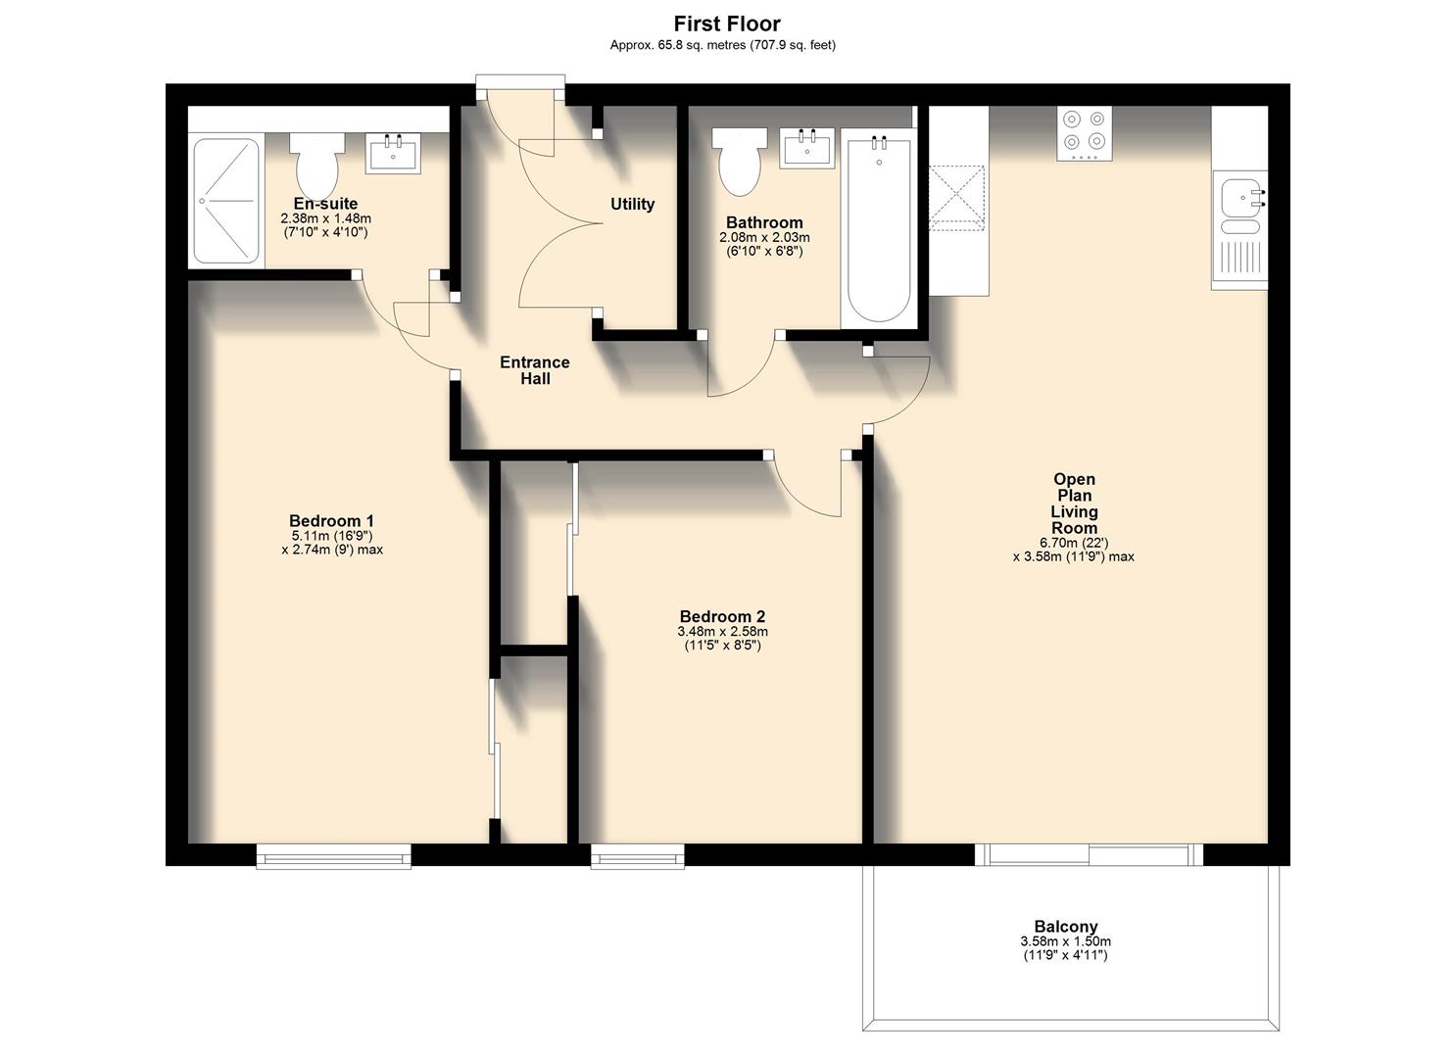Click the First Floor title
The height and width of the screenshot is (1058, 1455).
[726, 24]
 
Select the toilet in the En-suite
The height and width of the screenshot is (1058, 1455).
[316, 166]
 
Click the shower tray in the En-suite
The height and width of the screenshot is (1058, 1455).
[226, 201]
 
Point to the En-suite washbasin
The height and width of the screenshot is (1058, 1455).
[393, 155]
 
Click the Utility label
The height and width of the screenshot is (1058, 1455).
[632, 204]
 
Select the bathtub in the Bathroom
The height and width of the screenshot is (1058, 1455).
[878, 231]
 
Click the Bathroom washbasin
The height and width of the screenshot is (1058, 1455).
[807, 148]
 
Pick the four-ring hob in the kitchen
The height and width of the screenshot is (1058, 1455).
[1085, 133]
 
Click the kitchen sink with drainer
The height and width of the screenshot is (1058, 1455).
[1239, 229]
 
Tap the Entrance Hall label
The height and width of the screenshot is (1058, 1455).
[534, 370]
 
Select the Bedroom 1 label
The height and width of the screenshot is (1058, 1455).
[331, 521]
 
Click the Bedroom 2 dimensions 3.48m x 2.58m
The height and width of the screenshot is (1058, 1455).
[722, 632]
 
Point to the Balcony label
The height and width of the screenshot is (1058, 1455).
[1066, 927]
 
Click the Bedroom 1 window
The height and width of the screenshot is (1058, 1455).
[333, 856]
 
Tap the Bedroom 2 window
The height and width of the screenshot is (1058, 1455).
[637, 857]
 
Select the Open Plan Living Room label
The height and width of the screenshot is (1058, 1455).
[1074, 504]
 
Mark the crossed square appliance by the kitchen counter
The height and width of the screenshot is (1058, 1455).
[957, 198]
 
